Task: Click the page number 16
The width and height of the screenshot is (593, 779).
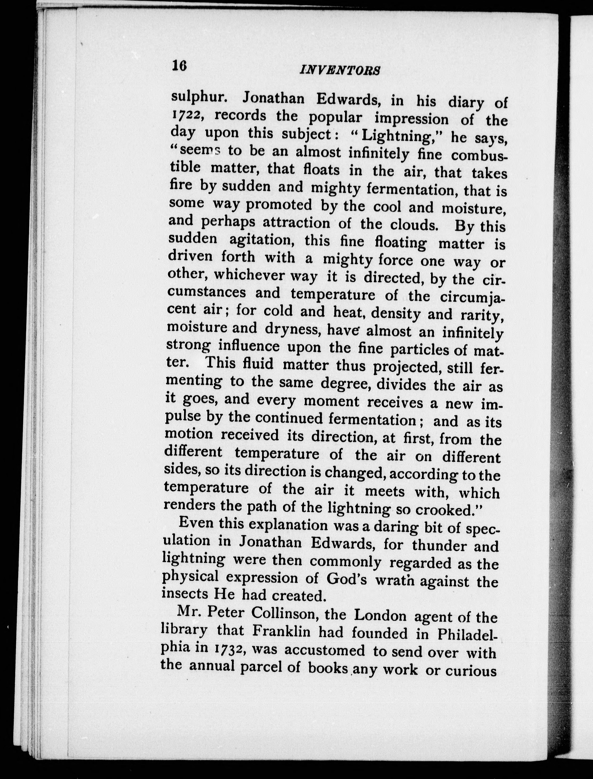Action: pyautogui.click(x=179, y=66)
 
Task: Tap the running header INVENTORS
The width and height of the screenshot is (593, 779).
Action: pyautogui.click(x=340, y=70)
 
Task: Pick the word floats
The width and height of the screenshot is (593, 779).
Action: pyautogui.click(x=321, y=170)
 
